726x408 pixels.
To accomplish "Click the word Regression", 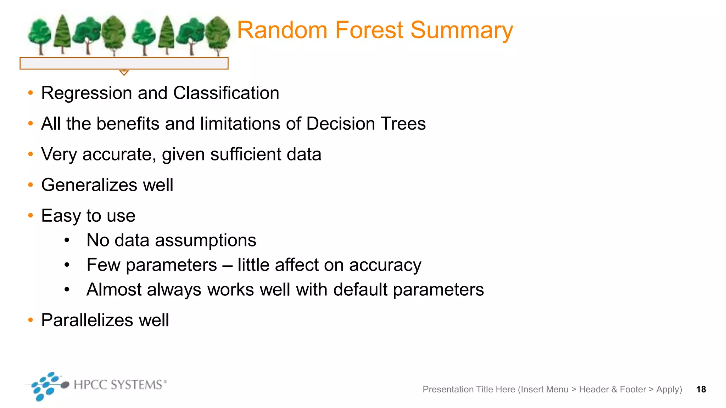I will pos(86,93).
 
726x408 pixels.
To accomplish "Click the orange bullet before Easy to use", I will pos(31,215).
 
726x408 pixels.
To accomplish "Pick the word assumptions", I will pos(206,240).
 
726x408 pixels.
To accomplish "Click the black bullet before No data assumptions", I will pos(67,240).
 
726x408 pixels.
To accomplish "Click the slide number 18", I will pos(701,390).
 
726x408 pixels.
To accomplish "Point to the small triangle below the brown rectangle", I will pos(124,73).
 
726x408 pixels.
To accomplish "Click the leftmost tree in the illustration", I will pos(39,35).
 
